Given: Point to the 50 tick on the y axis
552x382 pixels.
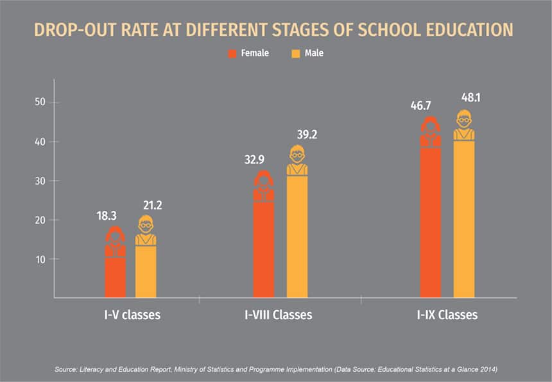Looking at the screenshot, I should (40, 103).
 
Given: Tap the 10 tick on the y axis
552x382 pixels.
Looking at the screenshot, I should (40, 259).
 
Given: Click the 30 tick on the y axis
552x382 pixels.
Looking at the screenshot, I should (40, 181).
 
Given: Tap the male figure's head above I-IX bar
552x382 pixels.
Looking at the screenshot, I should (464, 119).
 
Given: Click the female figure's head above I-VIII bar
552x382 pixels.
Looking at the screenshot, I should (263, 179).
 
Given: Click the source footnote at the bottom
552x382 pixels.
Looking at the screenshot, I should (276, 369).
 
